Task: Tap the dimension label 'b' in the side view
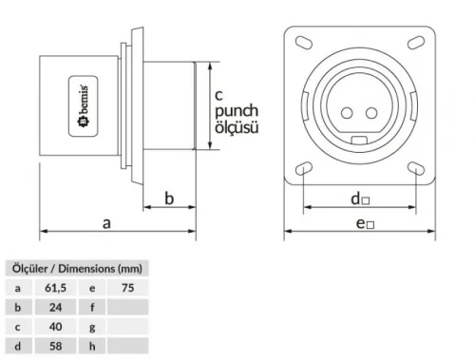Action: click(x=169, y=198)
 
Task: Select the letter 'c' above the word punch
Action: click(x=218, y=94)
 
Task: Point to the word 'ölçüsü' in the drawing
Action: click(x=236, y=126)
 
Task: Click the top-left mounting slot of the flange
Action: click(x=301, y=42)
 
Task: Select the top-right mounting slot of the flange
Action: click(x=416, y=42)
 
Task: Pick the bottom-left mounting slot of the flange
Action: click(x=301, y=168)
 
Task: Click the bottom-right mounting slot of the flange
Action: click(x=416, y=168)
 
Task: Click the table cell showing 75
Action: click(x=126, y=287)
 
